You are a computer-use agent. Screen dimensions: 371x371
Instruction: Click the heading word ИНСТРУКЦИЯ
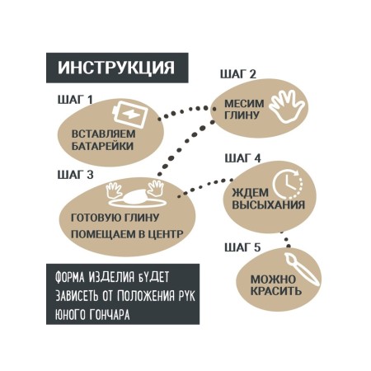(116, 68)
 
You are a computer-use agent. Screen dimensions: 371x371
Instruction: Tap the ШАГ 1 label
(75, 100)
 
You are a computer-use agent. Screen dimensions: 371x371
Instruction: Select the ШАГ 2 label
(238, 74)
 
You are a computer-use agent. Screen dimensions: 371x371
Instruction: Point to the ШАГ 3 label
(75, 175)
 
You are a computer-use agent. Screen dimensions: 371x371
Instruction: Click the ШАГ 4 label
(242, 158)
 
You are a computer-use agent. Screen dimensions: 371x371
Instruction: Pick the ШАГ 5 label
(242, 247)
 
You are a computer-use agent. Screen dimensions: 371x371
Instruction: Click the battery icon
(130, 115)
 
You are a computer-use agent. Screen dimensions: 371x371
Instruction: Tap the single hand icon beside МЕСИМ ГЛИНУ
(287, 106)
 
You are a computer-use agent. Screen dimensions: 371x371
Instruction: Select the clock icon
(287, 183)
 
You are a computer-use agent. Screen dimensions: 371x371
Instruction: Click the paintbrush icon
(302, 270)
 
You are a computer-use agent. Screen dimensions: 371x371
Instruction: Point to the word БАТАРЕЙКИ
(102, 146)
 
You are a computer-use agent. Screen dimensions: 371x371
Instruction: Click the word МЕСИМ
(244, 104)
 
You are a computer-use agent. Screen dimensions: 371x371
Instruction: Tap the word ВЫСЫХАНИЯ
(269, 205)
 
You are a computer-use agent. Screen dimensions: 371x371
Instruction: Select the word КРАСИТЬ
(276, 291)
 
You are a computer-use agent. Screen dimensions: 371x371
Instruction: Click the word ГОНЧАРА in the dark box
(110, 314)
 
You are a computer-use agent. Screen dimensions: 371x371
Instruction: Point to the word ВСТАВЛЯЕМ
(104, 134)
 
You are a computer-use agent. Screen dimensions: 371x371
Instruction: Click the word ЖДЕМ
(251, 193)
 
